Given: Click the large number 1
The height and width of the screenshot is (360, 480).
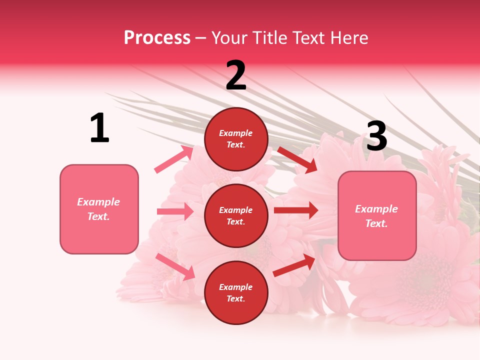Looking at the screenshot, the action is [x=99, y=128].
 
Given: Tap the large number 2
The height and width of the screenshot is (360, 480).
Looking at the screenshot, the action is [x=236, y=75].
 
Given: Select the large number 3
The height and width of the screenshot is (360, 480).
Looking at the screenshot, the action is [x=376, y=136].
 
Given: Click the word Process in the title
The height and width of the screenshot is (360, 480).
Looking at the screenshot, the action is [x=157, y=37].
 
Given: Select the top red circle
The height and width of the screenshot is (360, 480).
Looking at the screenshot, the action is [x=236, y=139].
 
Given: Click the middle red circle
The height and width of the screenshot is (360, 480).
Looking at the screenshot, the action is [x=236, y=215].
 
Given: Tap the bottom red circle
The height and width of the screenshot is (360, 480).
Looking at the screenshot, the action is [x=236, y=292].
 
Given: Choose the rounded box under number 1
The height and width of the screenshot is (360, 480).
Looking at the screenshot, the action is [x=99, y=209].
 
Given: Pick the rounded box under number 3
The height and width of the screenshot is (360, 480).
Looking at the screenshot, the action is [x=376, y=215].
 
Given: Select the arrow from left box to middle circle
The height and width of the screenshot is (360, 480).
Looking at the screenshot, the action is [x=175, y=211].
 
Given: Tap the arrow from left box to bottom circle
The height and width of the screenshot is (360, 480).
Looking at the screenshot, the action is [x=175, y=266].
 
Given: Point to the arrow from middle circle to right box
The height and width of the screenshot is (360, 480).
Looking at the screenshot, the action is [x=296, y=210].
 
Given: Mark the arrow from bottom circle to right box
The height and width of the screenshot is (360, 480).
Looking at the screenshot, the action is [x=294, y=265].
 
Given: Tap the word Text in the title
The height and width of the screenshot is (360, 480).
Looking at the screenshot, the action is [x=309, y=37].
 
